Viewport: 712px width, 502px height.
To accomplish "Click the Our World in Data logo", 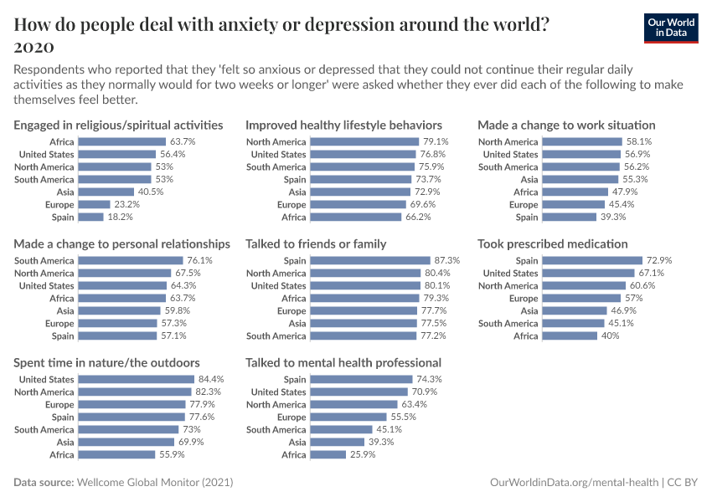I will click(671, 28).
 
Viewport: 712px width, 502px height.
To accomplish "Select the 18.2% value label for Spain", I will click(121, 218).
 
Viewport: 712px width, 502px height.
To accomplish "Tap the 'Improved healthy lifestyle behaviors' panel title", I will click(343, 125).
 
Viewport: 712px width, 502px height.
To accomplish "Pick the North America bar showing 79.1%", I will click(364, 142).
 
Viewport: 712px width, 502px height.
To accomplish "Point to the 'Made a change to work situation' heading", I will click(566, 125).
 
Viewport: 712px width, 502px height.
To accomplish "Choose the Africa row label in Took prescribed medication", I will click(525, 336).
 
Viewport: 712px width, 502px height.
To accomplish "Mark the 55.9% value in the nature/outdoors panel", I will click(171, 455).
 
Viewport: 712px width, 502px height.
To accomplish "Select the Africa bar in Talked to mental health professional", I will click(328, 455).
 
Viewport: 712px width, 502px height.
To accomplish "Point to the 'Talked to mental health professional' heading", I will click(343, 363).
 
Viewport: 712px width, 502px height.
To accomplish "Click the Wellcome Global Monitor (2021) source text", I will click(154, 483).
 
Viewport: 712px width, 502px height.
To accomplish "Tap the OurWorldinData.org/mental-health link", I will click(573, 483).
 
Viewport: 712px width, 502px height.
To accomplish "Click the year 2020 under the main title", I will click(34, 45).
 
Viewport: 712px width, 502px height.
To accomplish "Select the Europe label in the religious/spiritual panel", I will click(59, 205).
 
